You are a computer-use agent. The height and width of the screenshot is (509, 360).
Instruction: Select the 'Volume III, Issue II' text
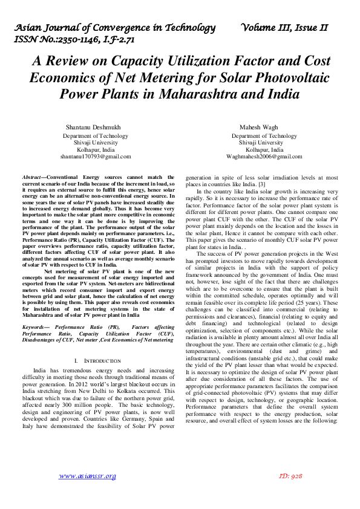284,28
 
